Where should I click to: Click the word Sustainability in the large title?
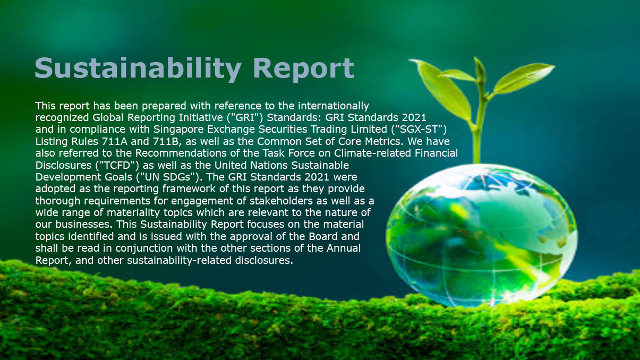pyautogui.click(x=138, y=68)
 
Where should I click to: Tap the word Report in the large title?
pyautogui.click(x=304, y=69)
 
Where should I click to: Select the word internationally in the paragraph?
pyautogui.click(x=334, y=106)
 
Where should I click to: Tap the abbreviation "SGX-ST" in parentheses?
pyautogui.click(x=419, y=129)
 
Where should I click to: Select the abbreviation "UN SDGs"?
pyautogui.click(x=168, y=177)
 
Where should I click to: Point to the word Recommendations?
pyautogui.click(x=181, y=153)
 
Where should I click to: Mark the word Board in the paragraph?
pyautogui.click(x=323, y=237)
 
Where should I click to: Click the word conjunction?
pyautogui.click(x=144, y=248)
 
